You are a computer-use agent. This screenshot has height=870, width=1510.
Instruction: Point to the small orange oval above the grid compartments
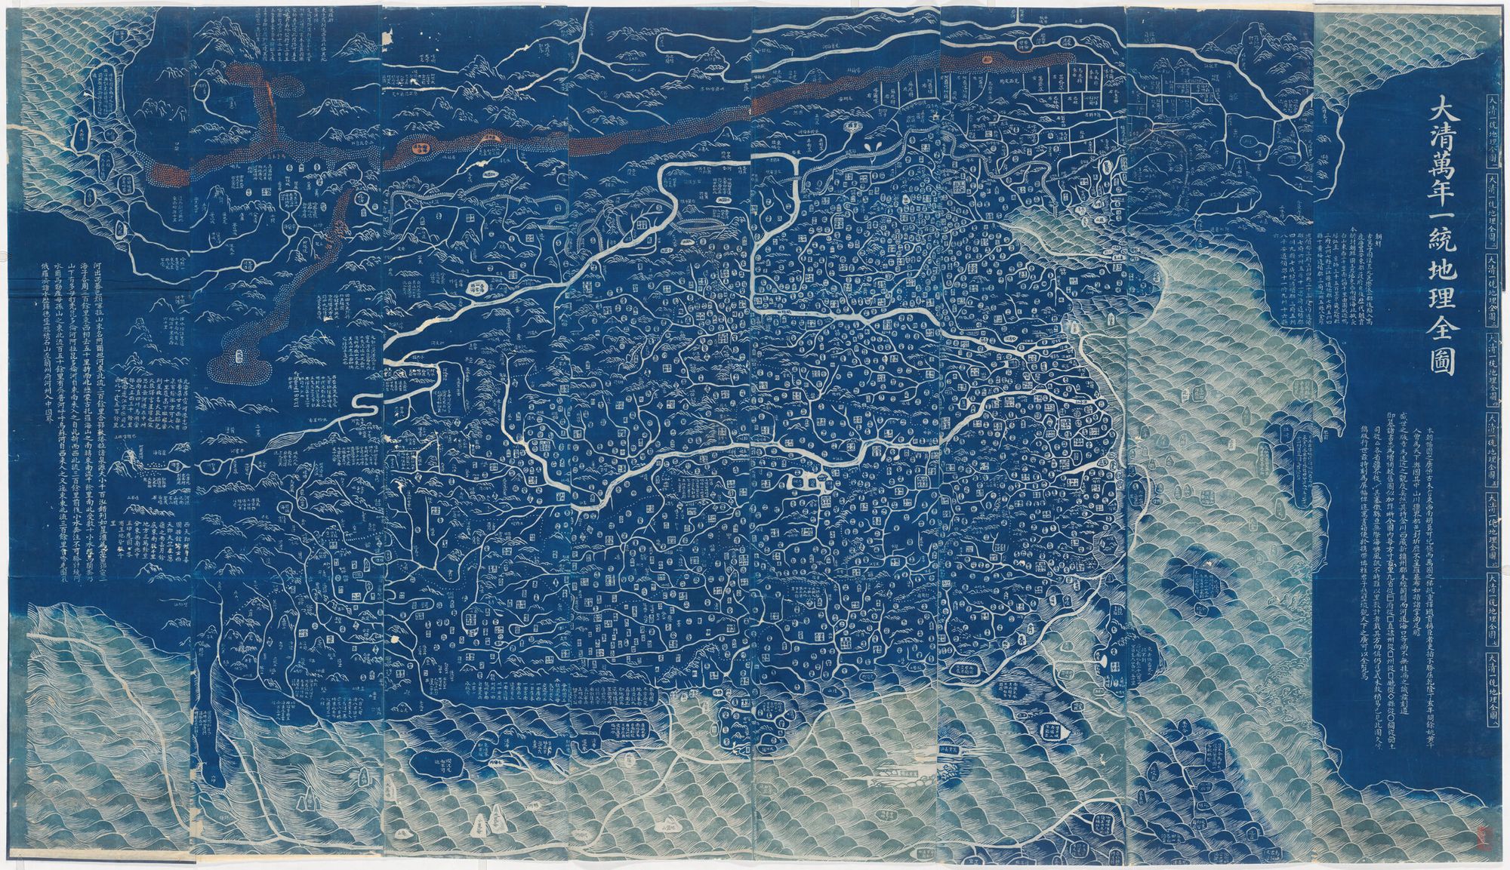(988, 58)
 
